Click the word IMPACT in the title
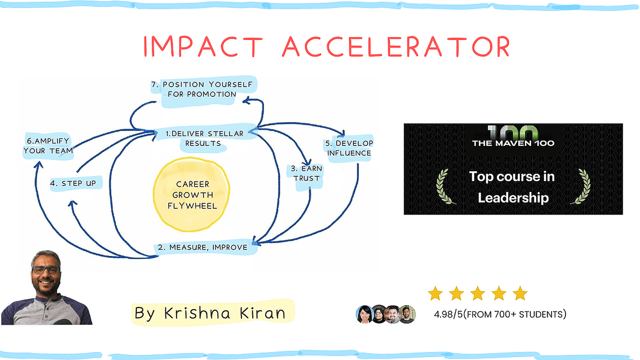pyautogui.click(x=203, y=46)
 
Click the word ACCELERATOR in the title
pyautogui.click(x=396, y=46)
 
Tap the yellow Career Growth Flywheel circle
pyautogui.click(x=191, y=194)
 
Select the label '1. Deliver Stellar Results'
pyautogui.click(x=204, y=139)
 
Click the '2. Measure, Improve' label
pyautogui.click(x=203, y=247)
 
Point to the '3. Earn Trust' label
pyautogui.click(x=306, y=173)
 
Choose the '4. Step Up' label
pyautogui.click(x=73, y=183)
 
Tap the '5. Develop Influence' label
pyautogui.click(x=349, y=148)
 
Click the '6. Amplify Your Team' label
pyautogui.click(x=48, y=146)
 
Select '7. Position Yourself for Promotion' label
pyautogui.click(x=202, y=90)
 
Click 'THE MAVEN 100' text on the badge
pyautogui.click(x=513, y=143)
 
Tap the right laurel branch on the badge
pyautogui.click(x=582, y=187)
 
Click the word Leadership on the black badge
pyautogui.click(x=513, y=198)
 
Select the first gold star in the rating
pyautogui.click(x=435, y=293)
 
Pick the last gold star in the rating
pyautogui.click(x=520, y=293)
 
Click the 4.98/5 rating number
pyautogui.click(x=448, y=314)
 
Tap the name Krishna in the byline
pyautogui.click(x=197, y=313)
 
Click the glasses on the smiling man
pyautogui.click(x=46, y=270)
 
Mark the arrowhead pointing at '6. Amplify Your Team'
pyautogui.click(x=38, y=164)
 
